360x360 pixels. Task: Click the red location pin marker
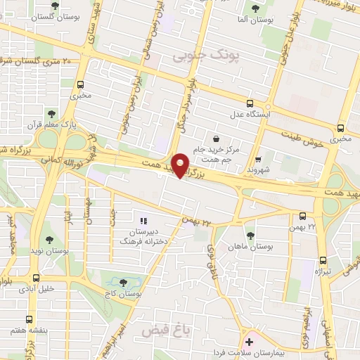click(x=181, y=165)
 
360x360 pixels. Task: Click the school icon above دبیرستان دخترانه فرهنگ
click(x=144, y=221)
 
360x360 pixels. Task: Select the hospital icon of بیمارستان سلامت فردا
click(x=250, y=341)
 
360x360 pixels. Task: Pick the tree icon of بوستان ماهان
click(x=250, y=234)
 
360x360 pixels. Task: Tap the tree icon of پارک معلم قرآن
click(x=51, y=113)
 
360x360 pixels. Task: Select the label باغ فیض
click(x=157, y=330)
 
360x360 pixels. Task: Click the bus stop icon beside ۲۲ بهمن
click(x=302, y=216)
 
